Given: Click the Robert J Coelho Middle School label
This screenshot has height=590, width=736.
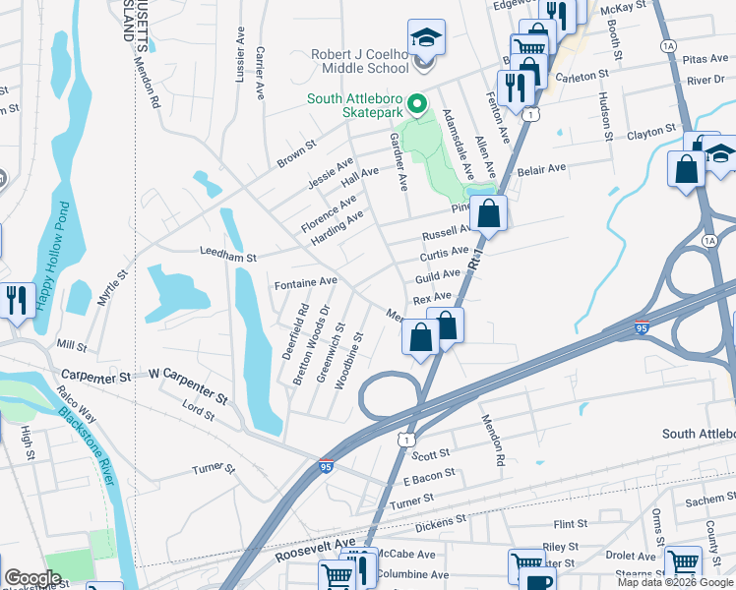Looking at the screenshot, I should (359, 61).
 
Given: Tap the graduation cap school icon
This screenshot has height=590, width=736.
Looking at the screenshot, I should (426, 38).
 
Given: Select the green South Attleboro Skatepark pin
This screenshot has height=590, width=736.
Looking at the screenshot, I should (416, 102).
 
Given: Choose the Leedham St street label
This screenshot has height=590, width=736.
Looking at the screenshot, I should (227, 256).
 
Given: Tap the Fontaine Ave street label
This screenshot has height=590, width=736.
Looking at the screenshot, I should (305, 282).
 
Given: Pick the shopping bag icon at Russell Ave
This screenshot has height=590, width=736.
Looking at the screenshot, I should (487, 211).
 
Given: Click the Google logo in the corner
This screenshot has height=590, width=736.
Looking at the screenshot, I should (33, 578).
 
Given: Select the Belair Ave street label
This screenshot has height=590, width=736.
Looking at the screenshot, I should (542, 169).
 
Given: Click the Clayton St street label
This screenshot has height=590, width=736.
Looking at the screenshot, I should (651, 130).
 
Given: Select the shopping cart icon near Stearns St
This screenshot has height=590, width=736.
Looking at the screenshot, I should (683, 562).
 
